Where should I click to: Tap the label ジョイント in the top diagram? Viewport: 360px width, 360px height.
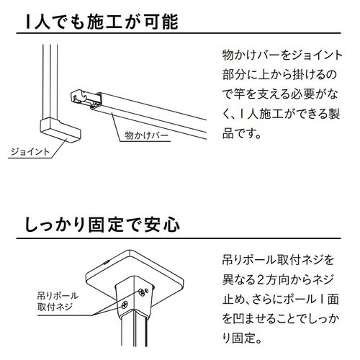30,152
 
